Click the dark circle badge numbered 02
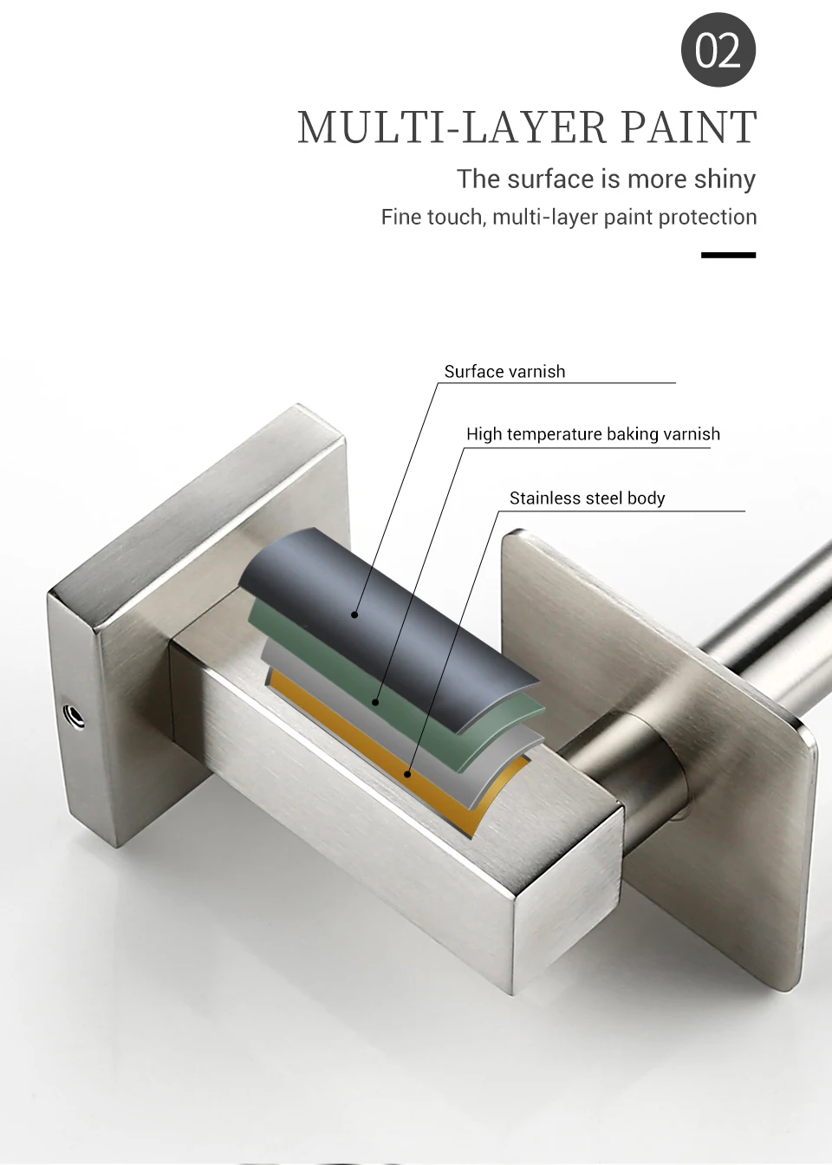(718, 50)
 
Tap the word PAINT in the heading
(687, 127)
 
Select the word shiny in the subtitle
(725, 179)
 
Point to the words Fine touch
(432, 217)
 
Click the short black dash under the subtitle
(728, 255)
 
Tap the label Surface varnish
(504, 372)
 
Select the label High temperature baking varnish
(593, 434)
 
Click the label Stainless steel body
(587, 498)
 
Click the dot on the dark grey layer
(354, 615)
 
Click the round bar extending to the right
(763, 624)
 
